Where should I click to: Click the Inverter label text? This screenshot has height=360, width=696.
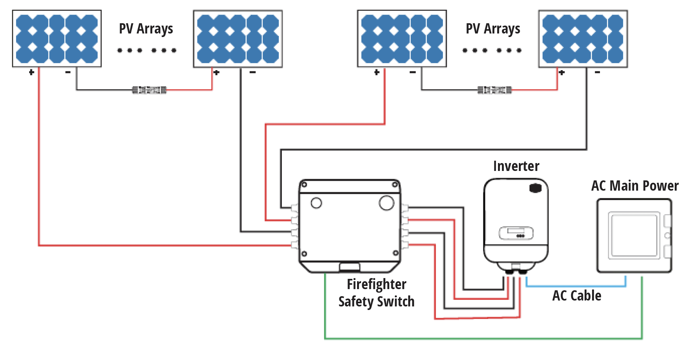point(516,166)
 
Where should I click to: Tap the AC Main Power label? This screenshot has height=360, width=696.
point(635,186)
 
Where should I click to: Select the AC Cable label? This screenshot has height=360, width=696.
point(576,295)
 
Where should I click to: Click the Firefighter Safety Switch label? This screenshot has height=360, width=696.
point(376,293)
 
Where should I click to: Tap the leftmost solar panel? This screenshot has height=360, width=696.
point(57,39)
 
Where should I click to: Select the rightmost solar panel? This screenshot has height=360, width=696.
point(583,39)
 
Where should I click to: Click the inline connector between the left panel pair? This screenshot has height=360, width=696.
point(149,90)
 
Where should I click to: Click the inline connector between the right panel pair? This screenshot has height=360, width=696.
point(494,90)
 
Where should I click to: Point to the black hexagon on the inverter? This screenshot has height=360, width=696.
point(535,188)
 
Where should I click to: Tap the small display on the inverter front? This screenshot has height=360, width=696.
point(516,233)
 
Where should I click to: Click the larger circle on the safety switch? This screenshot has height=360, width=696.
point(386,203)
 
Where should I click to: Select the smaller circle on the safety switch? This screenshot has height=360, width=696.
point(316,203)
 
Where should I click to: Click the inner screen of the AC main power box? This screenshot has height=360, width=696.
point(633,235)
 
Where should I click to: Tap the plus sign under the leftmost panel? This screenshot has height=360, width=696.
point(31,72)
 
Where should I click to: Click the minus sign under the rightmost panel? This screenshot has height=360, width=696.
point(597,72)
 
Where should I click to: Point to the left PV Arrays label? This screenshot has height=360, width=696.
point(146,29)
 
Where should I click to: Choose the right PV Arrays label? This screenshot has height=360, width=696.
point(493,29)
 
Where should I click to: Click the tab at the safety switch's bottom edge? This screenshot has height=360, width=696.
point(349,267)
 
